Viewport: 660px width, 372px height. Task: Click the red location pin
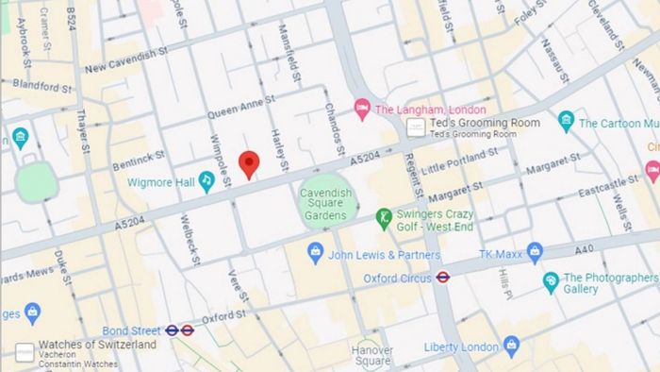pos(249,162)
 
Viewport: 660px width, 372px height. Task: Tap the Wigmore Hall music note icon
pos(206,181)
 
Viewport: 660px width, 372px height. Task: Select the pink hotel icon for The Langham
pos(362,110)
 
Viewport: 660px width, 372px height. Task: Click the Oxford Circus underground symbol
pos(443,277)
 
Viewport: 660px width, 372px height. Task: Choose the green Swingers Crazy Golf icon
pos(383,219)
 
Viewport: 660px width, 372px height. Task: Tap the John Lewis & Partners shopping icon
pos(316,254)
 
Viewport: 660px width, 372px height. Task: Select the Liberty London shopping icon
pos(511,346)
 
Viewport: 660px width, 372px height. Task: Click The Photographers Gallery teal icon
pos(551,282)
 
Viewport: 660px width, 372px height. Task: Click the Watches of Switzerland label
pos(97,345)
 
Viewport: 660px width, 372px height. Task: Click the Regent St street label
pos(411,184)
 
